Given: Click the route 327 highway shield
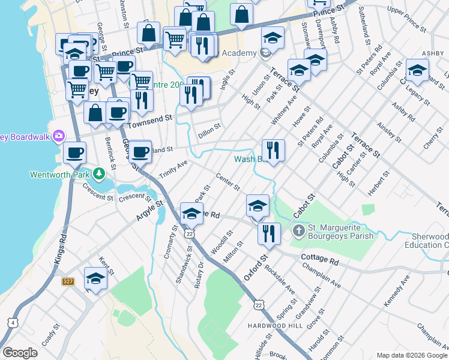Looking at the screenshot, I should pos(67,281).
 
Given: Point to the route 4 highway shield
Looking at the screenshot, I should pos(13,322).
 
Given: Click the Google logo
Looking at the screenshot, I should pos(20,353).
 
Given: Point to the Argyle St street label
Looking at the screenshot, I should pos(150,212).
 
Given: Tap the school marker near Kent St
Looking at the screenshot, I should pos(95,278).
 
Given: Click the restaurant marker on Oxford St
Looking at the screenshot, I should pos(269,233).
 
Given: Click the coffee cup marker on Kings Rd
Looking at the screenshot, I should pos(74,152).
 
